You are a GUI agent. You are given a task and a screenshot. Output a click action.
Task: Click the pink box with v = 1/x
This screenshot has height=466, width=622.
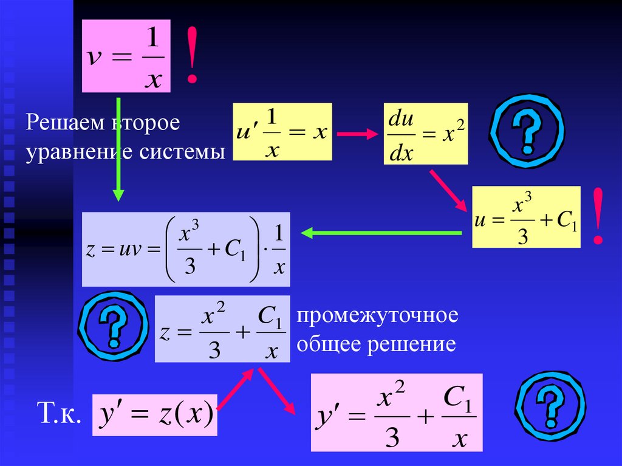pyautogui.click(x=126, y=56)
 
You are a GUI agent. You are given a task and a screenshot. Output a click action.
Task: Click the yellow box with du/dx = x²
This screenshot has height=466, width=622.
pyautogui.click(x=426, y=134)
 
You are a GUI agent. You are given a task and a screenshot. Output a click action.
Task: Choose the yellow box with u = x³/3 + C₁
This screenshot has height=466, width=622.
pyautogui.click(x=526, y=217)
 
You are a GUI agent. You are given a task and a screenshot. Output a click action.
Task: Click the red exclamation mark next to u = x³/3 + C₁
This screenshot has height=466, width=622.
pyautogui.click(x=599, y=216)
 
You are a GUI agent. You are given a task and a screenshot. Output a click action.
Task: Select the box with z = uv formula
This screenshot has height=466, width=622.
pyautogui.click(x=186, y=249)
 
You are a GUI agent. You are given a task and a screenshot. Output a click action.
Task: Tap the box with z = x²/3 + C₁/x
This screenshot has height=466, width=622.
pyautogui.click(x=222, y=329)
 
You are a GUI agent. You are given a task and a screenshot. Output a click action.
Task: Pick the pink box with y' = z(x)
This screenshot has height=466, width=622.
pyautogui.click(x=154, y=415)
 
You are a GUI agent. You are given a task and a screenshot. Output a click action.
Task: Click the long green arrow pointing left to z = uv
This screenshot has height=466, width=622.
pyautogui.click(x=381, y=233)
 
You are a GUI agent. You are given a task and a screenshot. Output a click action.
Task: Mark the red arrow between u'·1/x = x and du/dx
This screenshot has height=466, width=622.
pyautogui.click(x=357, y=134)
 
